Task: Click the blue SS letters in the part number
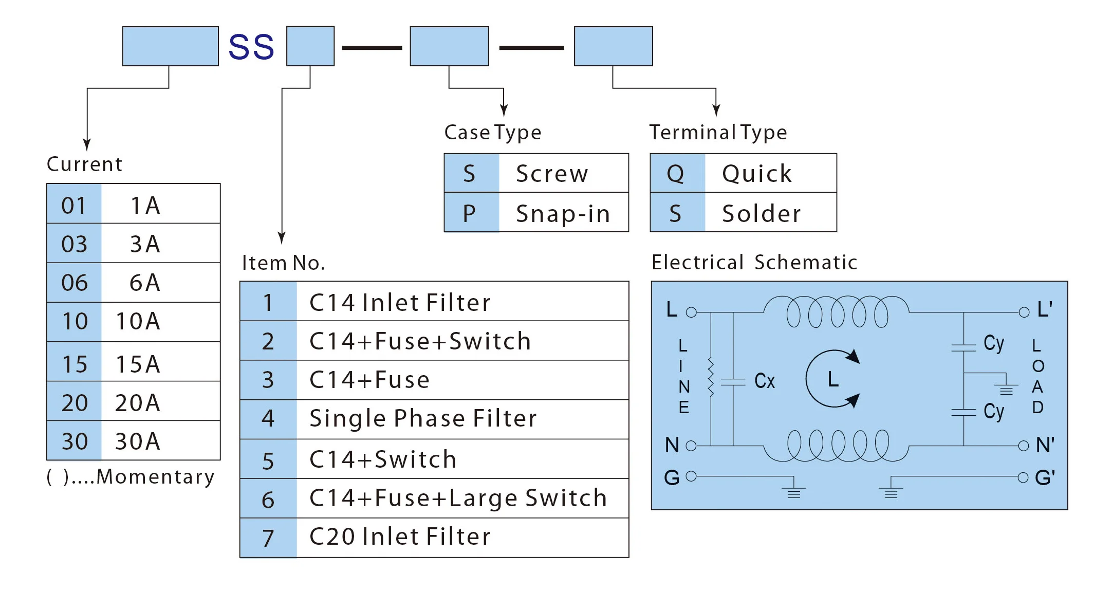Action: tap(251, 47)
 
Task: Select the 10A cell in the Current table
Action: tap(138, 322)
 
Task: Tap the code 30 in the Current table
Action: tap(75, 441)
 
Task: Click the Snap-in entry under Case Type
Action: tap(563, 213)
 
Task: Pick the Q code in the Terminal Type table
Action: tap(675, 174)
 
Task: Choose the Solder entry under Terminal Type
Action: tap(761, 213)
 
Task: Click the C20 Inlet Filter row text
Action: tap(400, 537)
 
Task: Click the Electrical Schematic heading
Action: tap(754, 263)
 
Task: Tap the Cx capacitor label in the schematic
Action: tap(764, 381)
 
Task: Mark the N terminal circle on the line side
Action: tap(691, 446)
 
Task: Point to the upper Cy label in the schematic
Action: tap(994, 343)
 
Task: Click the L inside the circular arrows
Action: tap(833, 379)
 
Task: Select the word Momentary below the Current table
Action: tap(155, 477)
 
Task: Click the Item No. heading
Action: tap(283, 263)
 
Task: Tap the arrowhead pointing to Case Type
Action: tap(504, 110)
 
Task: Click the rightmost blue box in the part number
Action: tap(613, 46)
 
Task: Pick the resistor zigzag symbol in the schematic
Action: tap(711, 378)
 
